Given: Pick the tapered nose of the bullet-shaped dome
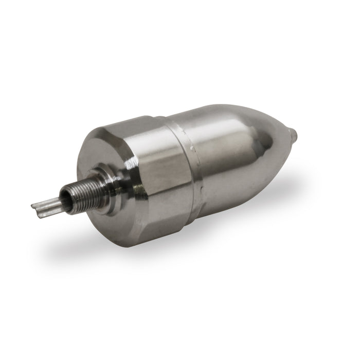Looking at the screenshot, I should coord(273,149).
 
